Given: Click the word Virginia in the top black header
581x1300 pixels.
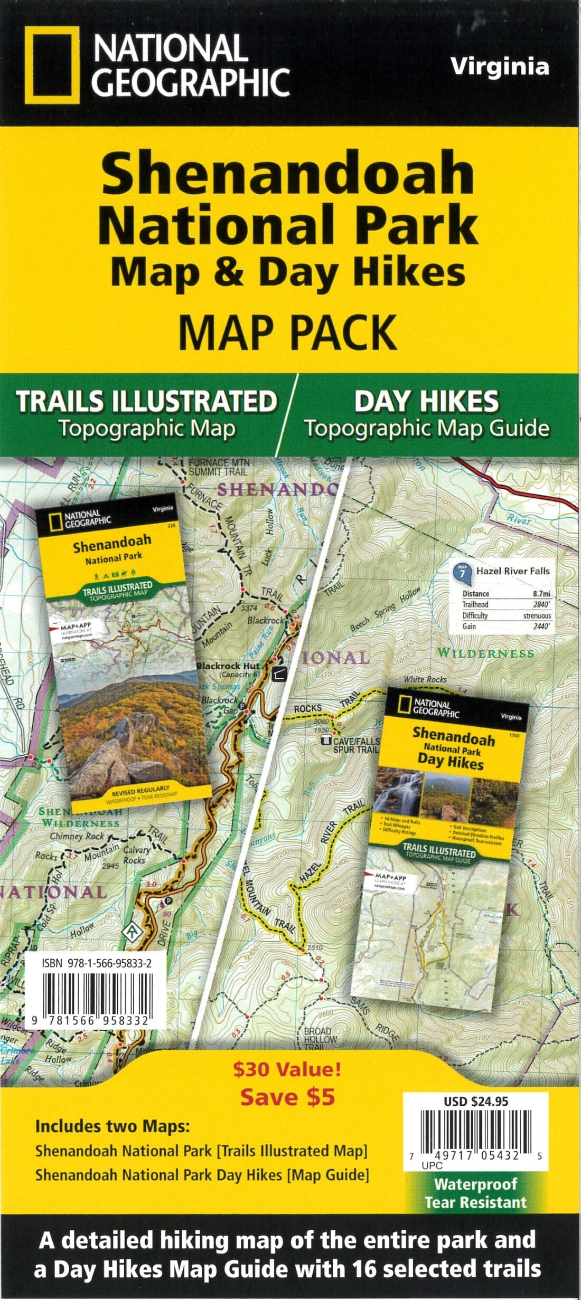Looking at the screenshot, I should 500,67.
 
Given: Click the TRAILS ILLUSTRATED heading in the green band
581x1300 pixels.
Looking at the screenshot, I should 147,402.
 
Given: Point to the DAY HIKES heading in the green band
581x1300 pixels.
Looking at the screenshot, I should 426,402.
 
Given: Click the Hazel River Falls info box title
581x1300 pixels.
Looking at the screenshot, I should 512,571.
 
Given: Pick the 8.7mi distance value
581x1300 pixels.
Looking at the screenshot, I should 541,594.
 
